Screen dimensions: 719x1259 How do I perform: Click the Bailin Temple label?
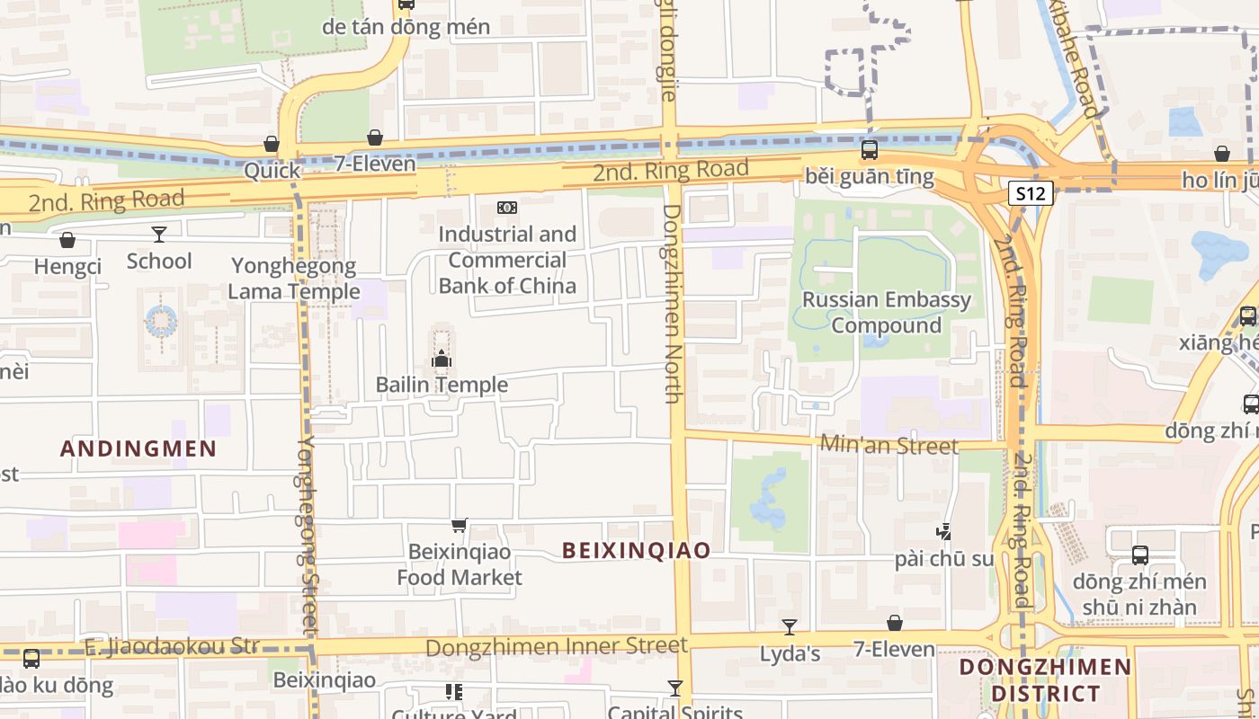tap(442, 385)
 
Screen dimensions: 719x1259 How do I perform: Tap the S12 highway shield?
tap(1030, 193)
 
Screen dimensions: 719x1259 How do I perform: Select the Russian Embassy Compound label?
tap(886, 312)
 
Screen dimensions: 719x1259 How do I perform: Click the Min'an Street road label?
tap(888, 445)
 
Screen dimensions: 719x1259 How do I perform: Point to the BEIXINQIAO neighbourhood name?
tap(637, 550)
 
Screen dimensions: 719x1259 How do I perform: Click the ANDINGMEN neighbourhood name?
tap(138, 448)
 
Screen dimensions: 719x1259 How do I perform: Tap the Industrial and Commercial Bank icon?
tap(507, 208)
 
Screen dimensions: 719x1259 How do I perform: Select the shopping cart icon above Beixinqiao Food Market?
tap(460, 525)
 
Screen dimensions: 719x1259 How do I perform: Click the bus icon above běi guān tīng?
tap(869, 150)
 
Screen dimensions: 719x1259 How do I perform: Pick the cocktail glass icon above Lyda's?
tap(790, 626)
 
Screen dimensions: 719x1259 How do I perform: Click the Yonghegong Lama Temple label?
tap(293, 279)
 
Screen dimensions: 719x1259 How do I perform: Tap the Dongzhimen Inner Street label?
tap(556, 646)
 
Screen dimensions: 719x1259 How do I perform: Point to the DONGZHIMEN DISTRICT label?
tap(1045, 679)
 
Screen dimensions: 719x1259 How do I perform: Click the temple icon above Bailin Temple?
tap(441, 359)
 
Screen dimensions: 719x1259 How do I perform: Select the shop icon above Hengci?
tap(67, 240)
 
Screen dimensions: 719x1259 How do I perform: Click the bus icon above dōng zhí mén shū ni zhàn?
tap(1139, 555)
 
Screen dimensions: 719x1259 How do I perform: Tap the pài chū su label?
tap(944, 559)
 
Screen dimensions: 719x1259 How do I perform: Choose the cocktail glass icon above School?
tap(159, 235)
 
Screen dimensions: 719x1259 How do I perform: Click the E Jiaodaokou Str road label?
tap(171, 646)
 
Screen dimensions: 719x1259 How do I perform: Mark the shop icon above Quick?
tap(271, 144)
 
